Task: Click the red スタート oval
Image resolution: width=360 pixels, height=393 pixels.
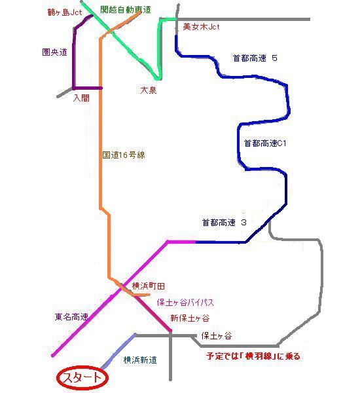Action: [82, 378]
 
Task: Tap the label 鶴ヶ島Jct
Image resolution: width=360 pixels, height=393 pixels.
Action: [65, 12]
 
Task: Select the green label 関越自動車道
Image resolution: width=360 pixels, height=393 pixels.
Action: [126, 10]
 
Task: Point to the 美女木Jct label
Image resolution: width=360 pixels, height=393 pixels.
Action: [201, 27]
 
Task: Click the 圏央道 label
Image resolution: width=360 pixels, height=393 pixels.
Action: [54, 52]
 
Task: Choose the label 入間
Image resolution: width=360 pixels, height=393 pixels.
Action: [81, 98]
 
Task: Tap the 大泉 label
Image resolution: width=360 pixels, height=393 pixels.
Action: [149, 90]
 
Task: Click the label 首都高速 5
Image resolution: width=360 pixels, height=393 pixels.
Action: [255, 58]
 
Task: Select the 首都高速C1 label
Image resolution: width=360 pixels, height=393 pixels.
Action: [265, 143]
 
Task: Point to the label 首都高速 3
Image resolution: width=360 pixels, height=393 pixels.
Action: [225, 223]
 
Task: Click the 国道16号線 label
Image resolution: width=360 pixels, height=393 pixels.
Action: [124, 155]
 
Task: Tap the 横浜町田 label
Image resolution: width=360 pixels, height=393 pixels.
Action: [149, 286]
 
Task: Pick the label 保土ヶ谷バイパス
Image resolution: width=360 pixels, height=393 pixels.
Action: [185, 303]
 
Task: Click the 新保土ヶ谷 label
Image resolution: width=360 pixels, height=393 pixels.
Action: [190, 318]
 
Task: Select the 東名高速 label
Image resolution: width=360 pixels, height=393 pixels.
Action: [71, 317]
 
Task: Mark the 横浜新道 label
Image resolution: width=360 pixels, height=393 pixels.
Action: [140, 360]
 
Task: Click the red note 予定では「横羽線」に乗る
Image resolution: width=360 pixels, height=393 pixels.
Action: [253, 356]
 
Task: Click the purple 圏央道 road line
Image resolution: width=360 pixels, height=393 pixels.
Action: [74, 60]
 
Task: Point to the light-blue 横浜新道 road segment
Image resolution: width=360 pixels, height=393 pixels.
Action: [118, 351]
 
